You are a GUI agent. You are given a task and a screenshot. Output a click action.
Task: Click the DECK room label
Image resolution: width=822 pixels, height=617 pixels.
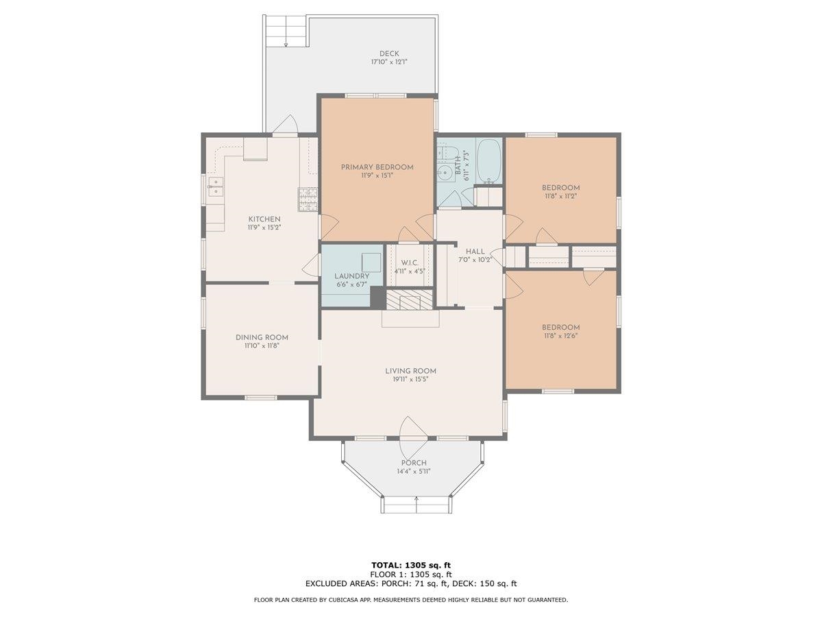coord(389,54)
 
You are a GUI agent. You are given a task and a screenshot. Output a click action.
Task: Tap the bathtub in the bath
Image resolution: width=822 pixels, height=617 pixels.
coord(488,161)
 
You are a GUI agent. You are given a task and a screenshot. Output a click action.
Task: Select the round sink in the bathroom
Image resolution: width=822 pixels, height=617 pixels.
coord(445,173)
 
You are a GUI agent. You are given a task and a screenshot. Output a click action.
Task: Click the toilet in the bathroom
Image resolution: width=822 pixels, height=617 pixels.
coord(447,153)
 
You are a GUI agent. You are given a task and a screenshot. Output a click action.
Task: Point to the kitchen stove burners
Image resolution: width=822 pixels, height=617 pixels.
coord(308,199)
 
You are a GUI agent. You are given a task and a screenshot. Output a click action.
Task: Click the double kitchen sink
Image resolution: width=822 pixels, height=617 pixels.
coord(215,186)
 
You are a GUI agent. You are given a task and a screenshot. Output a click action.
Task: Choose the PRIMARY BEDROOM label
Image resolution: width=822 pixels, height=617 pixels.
coord(377,167)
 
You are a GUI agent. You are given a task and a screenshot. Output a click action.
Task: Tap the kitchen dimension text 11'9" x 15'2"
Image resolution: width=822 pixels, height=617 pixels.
coord(264,228)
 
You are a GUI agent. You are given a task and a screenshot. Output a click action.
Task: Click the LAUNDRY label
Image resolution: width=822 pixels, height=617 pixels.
coord(351,276)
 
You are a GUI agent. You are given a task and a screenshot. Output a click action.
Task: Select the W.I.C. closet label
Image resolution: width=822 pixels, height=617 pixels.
coord(410,263)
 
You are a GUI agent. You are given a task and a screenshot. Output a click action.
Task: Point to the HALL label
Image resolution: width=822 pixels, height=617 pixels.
coord(475,252)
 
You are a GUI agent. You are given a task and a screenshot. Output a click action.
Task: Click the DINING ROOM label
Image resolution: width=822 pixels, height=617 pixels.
coord(262,337)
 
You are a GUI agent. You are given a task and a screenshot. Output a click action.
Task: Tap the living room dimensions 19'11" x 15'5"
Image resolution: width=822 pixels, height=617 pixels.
coord(410,379)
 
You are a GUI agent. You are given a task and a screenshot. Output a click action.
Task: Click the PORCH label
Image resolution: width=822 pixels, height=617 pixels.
coord(414,463)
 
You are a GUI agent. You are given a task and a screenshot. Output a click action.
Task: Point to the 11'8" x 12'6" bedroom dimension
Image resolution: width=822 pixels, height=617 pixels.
coord(560,336)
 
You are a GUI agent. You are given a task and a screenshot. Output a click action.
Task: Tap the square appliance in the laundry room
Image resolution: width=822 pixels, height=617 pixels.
coord(371,262)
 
